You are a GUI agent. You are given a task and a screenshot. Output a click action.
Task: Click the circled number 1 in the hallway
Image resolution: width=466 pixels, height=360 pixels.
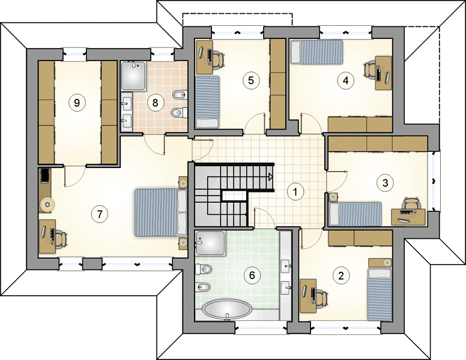[x=295, y=192]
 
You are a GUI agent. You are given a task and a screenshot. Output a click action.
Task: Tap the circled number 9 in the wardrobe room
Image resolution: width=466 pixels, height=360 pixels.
[x=77, y=103]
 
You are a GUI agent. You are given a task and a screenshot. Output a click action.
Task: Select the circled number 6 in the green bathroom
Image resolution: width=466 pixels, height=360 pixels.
[x=252, y=275]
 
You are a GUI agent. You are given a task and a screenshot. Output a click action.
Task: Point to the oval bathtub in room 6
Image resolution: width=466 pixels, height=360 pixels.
[x=227, y=309]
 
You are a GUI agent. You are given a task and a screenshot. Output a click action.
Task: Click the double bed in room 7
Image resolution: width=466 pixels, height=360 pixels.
[x=161, y=212]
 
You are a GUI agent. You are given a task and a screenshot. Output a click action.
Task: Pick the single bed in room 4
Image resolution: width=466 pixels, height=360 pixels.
[x=316, y=52]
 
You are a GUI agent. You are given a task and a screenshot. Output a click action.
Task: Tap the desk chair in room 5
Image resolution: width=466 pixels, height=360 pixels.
[x=218, y=60]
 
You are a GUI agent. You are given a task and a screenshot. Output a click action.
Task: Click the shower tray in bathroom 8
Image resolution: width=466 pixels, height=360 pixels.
[x=133, y=76]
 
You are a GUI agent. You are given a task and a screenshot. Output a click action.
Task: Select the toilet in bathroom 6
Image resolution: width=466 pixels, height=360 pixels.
[x=204, y=269]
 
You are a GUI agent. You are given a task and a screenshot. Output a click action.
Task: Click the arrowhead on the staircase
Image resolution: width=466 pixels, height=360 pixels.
[x=270, y=177]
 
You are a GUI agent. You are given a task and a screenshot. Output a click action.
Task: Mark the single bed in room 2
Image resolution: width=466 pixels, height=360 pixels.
[x=379, y=295]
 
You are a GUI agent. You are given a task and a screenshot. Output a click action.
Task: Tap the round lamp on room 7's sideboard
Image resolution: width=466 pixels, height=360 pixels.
[x=47, y=205]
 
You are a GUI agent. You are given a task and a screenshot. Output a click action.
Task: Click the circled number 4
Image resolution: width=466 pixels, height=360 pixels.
[x=345, y=80]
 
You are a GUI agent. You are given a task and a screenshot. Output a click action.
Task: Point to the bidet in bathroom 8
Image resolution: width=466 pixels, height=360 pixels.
[x=180, y=94]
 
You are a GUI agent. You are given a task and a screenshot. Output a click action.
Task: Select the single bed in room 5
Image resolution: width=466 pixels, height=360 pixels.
[x=207, y=102]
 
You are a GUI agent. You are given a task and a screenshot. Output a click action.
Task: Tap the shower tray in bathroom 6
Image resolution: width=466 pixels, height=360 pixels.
[x=210, y=243]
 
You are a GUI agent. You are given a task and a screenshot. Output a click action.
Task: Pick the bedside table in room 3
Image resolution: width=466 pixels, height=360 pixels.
[x=333, y=197]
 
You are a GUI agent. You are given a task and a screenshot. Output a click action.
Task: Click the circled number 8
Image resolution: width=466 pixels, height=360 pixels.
[x=155, y=103]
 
